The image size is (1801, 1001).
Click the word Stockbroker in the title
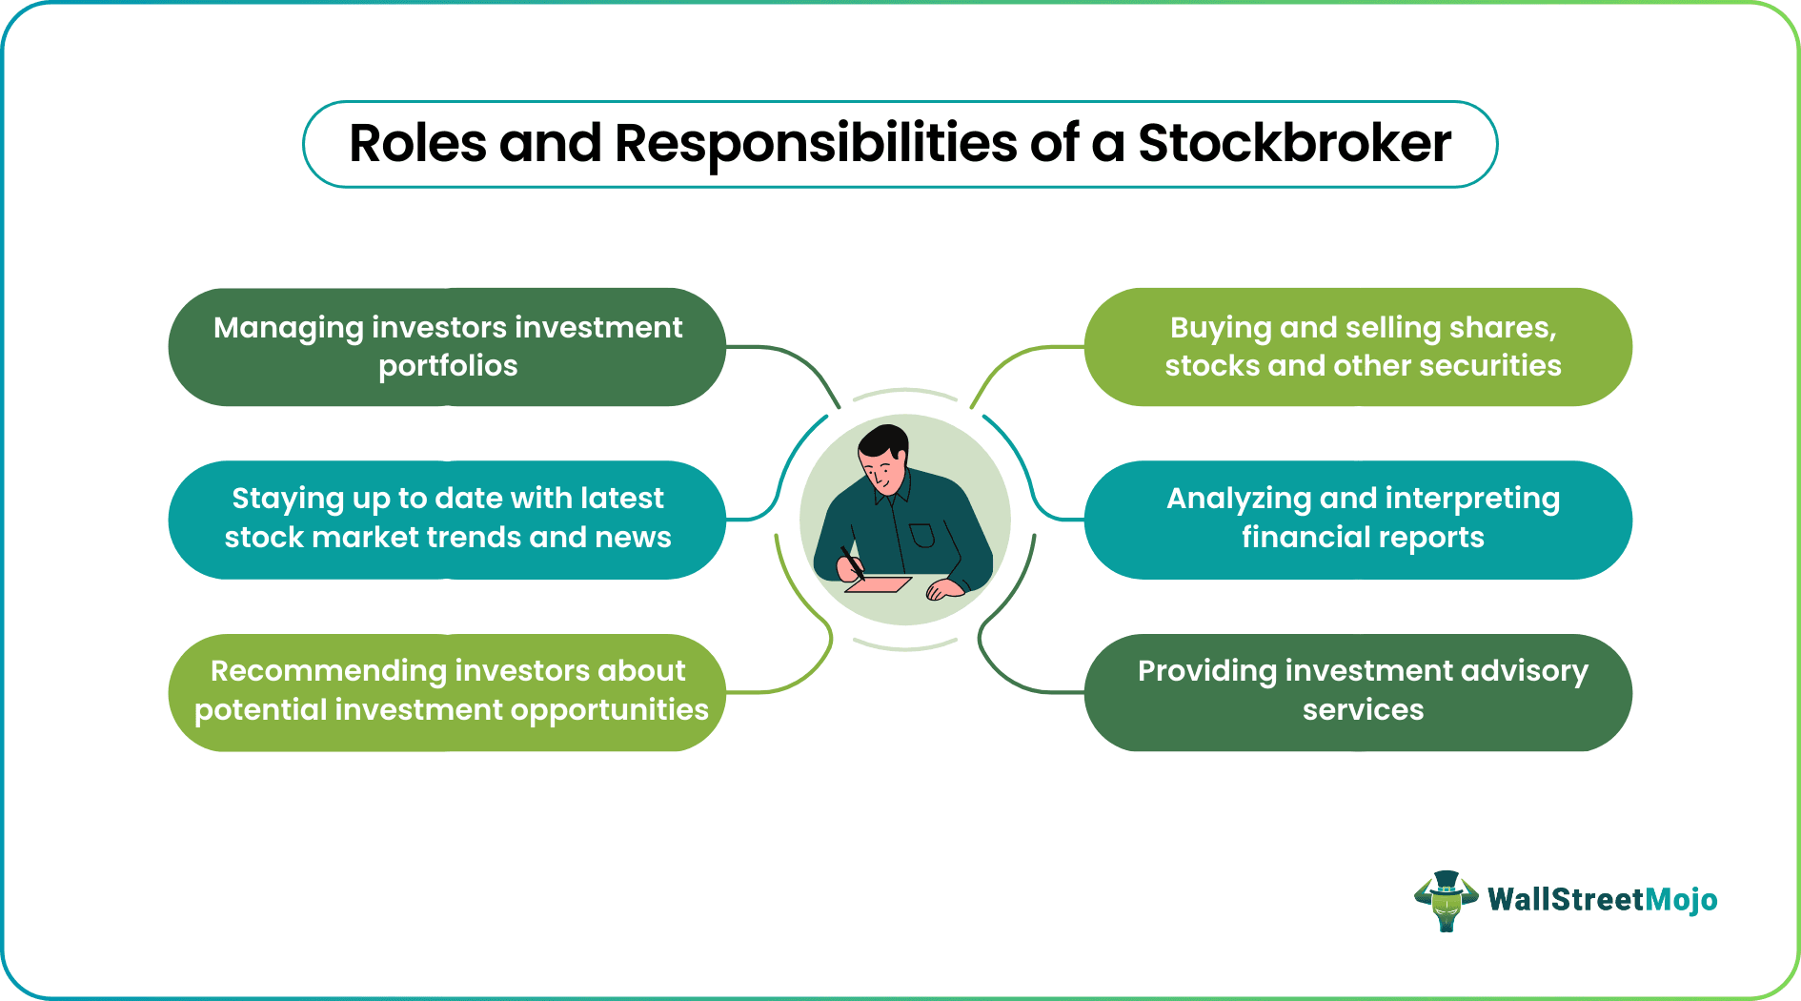[1294, 144]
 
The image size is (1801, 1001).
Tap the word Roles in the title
[417, 144]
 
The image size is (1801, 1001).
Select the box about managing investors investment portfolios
[447, 347]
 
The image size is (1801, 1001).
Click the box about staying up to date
[447, 520]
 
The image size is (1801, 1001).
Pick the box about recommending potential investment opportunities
[447, 692]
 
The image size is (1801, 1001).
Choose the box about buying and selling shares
[1358, 347]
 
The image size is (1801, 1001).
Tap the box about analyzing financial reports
[1358, 520]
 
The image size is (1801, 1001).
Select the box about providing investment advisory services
[1358, 692]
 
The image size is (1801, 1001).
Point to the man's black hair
[882, 440]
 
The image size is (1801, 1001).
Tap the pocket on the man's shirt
[921, 535]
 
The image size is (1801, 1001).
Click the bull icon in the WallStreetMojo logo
[1446, 900]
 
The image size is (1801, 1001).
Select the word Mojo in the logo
[1681, 900]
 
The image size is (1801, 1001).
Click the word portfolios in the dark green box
[448, 366]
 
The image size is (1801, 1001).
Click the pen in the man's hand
[851, 562]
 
